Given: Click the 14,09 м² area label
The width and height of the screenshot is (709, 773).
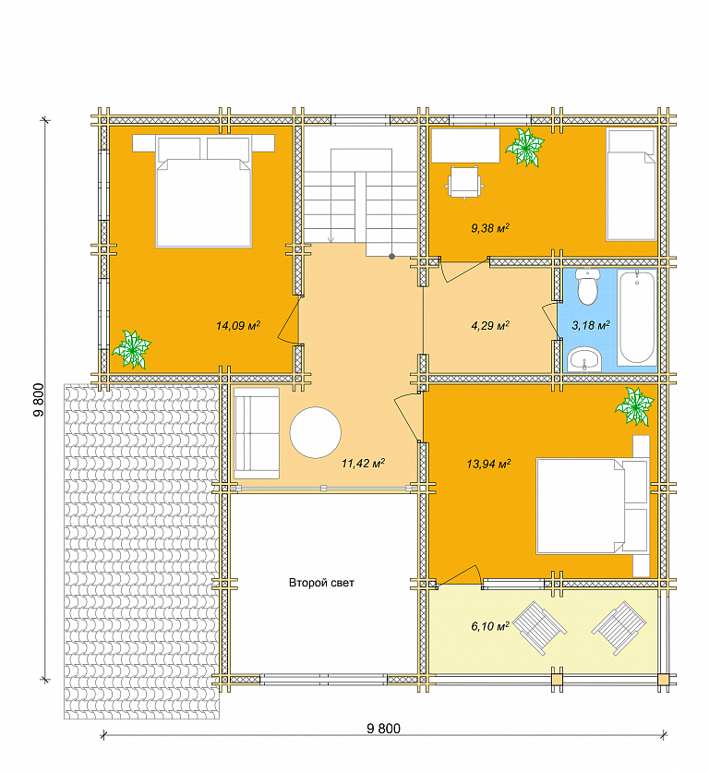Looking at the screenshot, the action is pos(238,325).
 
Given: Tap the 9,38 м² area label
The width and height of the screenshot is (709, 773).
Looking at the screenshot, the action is pos(490,228).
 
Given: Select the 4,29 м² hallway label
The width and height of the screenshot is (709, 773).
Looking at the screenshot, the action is pos(490,325).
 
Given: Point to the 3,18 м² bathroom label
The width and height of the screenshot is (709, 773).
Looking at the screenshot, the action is pos(591,325).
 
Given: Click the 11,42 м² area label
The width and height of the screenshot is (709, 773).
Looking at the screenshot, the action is pos(363,463).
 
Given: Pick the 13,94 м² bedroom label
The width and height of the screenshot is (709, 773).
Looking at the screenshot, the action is pos(488,464).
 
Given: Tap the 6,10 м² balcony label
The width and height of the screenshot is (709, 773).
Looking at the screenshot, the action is pos(490,626).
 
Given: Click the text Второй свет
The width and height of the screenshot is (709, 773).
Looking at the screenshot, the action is pos(321,583).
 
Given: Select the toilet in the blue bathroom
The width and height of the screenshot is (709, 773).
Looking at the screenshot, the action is pos(587,287).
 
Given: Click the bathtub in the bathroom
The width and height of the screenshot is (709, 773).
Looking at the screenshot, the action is pos(637,317).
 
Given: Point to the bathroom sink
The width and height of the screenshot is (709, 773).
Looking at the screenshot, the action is pos(584,359).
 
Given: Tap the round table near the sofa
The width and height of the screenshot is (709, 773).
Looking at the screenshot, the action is pos(316,432).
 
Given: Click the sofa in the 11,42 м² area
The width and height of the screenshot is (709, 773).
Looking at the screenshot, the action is pos(257,433).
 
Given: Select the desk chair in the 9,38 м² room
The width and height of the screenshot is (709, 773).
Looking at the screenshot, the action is pos(464,183).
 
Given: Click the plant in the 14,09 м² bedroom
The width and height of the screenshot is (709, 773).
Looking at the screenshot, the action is pos(131,349).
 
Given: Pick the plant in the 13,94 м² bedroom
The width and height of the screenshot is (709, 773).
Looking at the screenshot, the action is pos(634,406).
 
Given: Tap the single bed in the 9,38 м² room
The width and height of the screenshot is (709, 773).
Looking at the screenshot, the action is pos(631,185).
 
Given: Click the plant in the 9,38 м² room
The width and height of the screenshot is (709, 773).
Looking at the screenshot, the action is pos(525,148).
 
